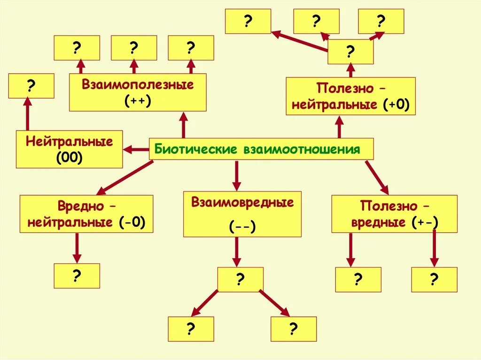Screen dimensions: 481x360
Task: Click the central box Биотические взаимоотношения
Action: coord(261,149)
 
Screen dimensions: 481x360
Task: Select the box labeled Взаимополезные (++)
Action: coord(138,92)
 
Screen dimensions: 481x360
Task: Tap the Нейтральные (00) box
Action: coord(69,149)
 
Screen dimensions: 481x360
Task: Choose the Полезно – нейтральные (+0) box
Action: coord(351,96)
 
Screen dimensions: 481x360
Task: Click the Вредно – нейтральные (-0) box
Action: coord(86,214)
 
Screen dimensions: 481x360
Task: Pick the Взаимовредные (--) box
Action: coord(242,213)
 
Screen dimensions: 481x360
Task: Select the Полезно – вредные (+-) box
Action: coord(394,214)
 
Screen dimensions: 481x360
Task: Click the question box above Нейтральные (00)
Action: coord(31,86)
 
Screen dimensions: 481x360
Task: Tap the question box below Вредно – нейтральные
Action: coord(77,276)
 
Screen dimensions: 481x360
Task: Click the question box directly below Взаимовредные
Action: coord(240,280)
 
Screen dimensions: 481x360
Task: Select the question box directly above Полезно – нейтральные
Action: coord(350,52)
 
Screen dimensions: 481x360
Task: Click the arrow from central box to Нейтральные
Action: coord(136,149)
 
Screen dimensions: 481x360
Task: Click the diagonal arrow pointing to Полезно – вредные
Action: coord(377,177)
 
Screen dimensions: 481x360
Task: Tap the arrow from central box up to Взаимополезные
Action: coord(184,125)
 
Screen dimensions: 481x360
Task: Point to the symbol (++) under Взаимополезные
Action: coord(138,101)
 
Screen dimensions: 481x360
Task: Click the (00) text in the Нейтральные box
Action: coord(69,158)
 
